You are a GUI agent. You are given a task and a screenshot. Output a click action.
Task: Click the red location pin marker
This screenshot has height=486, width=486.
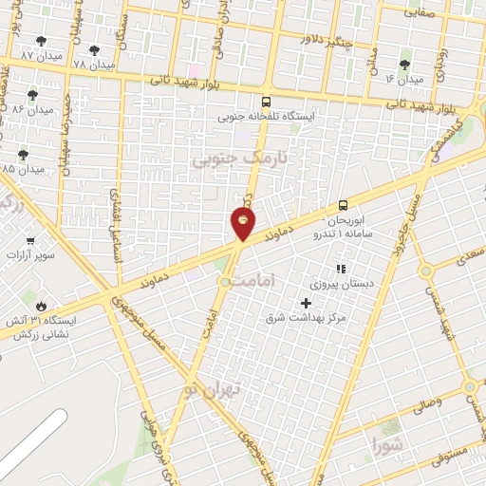pos(243,222)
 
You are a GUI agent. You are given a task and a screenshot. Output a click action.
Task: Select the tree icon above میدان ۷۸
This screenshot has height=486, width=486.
pos(93,49)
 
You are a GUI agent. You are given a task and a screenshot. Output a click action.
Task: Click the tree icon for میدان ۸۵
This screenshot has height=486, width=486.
pos(22,155)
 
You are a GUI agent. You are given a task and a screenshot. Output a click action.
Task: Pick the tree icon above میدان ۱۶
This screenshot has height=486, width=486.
pos(404,65)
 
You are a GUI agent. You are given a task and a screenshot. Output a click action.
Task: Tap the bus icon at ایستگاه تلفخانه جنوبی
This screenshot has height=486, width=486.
pos(265,102)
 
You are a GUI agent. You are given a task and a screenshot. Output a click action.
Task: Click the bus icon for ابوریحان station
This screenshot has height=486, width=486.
pos(343,204)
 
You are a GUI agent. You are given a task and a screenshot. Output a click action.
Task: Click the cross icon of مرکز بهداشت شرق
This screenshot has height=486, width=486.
pos(305,302)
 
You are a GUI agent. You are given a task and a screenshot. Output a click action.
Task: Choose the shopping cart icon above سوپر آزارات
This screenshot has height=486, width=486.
pos(30,241)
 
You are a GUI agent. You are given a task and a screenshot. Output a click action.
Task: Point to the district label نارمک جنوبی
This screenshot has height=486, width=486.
pos(225,159)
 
